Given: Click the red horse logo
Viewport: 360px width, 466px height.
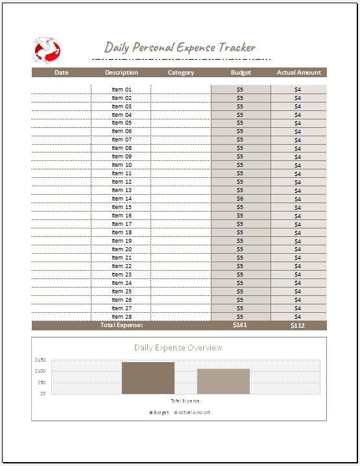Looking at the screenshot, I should coord(47,50).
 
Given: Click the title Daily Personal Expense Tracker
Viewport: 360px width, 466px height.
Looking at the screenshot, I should coord(180,47).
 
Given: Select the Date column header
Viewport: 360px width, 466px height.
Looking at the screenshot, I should coord(62,73).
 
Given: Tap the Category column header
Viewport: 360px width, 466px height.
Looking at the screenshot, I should coord(181,73).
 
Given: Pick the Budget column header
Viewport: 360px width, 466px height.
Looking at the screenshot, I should coord(241,73).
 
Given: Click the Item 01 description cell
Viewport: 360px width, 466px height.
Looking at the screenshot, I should coord(121,90).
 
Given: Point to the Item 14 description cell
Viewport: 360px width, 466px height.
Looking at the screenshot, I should coord(121,199).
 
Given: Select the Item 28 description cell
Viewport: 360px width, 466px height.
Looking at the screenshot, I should coord(121,317).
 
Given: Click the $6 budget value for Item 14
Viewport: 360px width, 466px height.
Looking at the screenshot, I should coord(240,199).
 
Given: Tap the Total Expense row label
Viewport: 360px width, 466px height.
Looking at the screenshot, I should coord(121,325).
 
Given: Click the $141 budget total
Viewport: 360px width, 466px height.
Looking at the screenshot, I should coord(240,325).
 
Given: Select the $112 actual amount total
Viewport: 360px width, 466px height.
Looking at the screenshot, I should coord(298,325).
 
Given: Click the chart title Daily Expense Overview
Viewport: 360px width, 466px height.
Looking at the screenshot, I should coord(178,348).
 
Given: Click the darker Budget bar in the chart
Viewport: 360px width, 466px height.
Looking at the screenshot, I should coord(148,378).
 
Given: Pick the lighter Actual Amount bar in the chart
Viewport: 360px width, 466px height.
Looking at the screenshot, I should coord(223,381).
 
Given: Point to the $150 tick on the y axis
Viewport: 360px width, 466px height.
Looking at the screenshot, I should coord(40,360).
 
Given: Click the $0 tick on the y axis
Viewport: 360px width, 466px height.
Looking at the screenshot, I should coord(42,393).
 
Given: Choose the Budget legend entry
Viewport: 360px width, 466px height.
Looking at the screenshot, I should coord(160,413).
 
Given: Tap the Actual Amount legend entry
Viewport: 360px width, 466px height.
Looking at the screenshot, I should coord(192,413).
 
